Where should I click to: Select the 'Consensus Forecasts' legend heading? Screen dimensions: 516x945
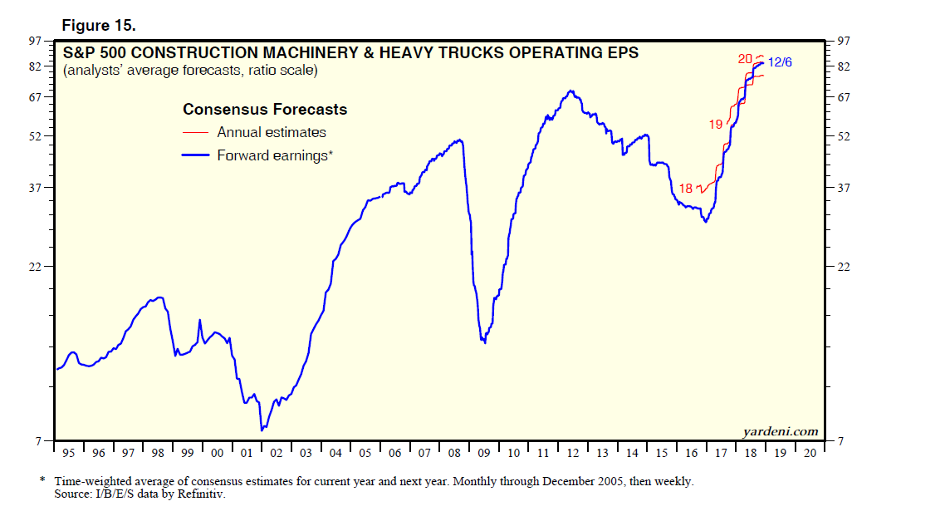[265, 110]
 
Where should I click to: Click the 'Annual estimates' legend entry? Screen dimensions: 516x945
[271, 132]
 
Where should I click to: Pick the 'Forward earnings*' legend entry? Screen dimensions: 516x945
[274, 155]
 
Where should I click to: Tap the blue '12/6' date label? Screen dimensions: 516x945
[780, 61]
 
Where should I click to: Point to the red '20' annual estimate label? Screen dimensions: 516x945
[745, 58]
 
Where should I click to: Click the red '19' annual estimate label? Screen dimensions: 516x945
[716, 125]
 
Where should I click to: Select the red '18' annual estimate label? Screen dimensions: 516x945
[685, 188]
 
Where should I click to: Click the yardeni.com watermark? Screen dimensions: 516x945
[779, 431]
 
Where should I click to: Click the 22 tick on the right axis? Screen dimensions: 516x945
[844, 266]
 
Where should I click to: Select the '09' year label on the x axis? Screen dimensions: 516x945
[484, 453]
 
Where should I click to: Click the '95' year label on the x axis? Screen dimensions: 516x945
[69, 453]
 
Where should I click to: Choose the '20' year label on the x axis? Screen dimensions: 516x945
[810, 453]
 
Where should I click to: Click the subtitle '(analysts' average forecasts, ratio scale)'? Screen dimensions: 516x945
[190, 71]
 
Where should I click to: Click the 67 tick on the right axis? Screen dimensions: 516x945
[844, 97]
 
